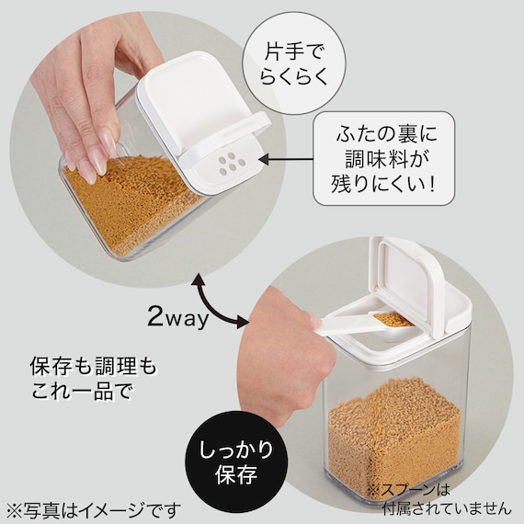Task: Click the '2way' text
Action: tap(178, 319)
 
